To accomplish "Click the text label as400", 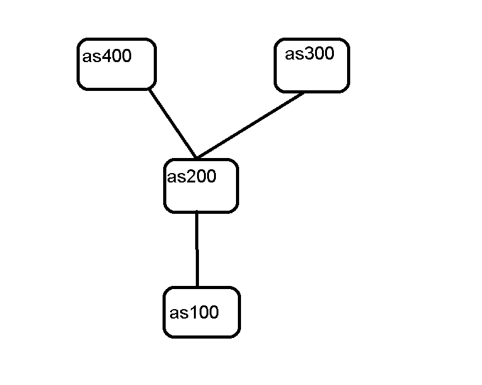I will [x=107, y=56].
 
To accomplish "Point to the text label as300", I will [x=309, y=54].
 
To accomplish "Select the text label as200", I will [x=191, y=177].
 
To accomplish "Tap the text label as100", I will [x=195, y=312].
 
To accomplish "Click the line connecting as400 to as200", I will [x=173, y=123].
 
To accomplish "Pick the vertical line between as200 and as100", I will [x=197, y=250].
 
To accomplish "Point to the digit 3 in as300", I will [x=308, y=54].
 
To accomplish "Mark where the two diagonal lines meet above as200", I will [x=196, y=158].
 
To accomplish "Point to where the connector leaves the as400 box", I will [x=149, y=88].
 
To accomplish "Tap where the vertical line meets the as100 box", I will [x=197, y=287].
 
